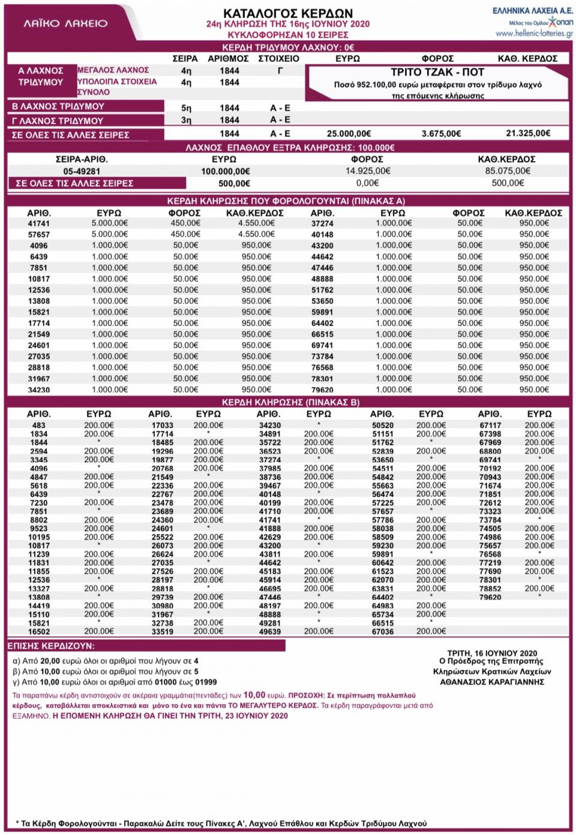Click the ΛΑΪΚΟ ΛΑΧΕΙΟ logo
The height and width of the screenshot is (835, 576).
pos(66,23)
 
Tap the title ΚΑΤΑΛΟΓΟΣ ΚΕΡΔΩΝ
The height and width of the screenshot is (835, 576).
pos(288,13)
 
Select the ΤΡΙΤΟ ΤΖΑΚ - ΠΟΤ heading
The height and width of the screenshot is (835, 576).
pos(437,71)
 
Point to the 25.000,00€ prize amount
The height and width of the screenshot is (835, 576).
pos(349,133)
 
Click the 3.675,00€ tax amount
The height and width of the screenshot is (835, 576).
pos(441,133)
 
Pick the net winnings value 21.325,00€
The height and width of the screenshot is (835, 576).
pos(528,133)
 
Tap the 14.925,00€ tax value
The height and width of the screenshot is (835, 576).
pos(368,171)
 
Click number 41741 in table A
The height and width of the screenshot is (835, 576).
pos(39,223)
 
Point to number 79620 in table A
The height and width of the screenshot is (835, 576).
pos(322,390)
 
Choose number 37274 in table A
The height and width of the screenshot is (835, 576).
pos(322,223)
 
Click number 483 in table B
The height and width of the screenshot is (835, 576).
pos(39,425)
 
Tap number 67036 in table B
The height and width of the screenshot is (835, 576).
pos(382,631)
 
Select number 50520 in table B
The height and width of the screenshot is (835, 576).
pos(382,425)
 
